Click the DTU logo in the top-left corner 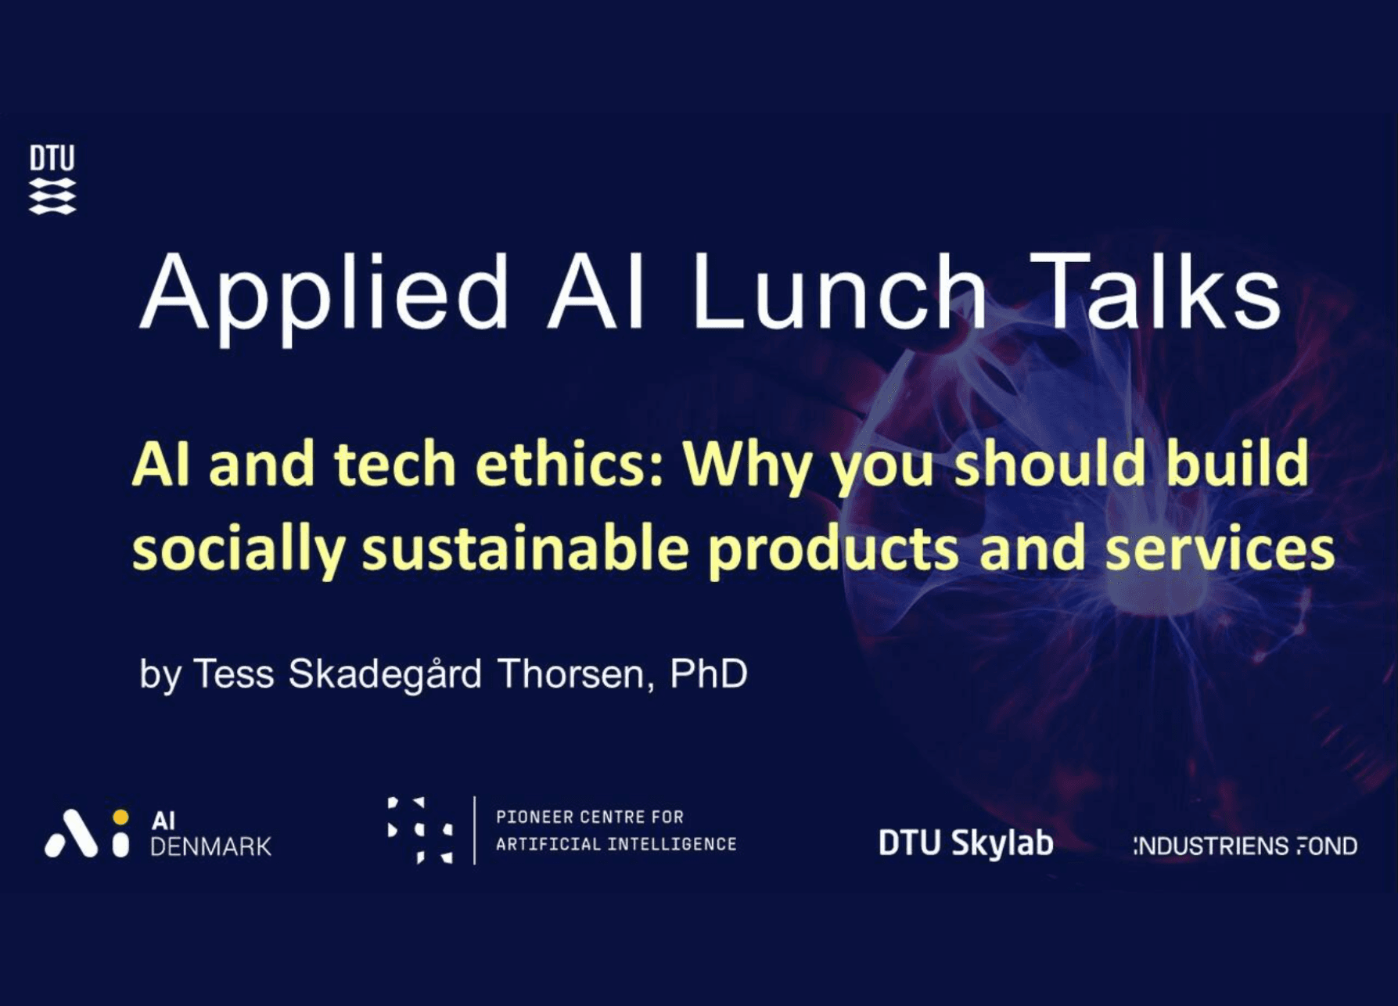point(52,179)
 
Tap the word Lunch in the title point(839,291)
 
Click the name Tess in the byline point(233,674)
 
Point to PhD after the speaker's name point(709,674)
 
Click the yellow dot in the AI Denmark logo point(120,817)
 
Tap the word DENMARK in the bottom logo point(210,846)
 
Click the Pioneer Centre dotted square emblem point(420,830)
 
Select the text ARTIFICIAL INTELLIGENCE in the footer point(616,844)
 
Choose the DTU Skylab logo point(965,844)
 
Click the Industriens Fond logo point(1245,846)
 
